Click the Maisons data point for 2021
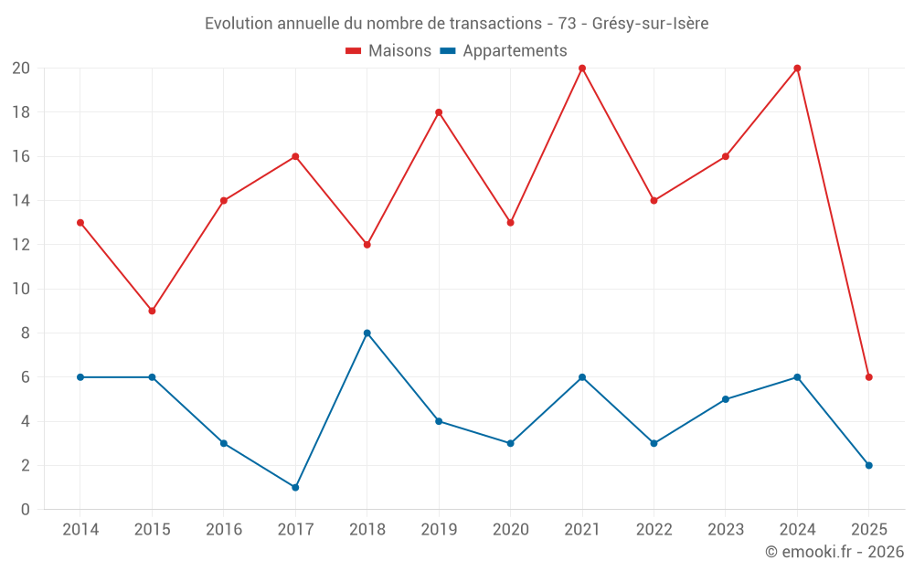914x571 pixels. click(582, 69)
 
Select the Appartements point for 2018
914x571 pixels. click(367, 333)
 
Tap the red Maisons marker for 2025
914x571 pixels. click(869, 377)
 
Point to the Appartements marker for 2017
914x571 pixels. click(295, 487)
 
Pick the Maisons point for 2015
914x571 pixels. click(152, 311)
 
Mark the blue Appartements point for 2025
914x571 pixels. click(869, 465)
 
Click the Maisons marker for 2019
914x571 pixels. click(439, 112)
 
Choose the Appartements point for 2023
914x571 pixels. click(726, 399)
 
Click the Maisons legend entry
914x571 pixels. click(388, 51)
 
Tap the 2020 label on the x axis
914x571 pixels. click(510, 529)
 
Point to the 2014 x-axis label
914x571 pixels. click(80, 529)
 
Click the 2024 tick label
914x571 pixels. click(797, 529)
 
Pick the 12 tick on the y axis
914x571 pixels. click(21, 245)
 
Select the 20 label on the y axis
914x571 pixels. click(21, 69)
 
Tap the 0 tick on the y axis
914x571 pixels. click(25, 509)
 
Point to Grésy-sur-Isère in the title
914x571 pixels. click(650, 23)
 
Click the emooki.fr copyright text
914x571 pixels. click(834, 552)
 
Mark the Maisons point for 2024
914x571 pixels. click(797, 69)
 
